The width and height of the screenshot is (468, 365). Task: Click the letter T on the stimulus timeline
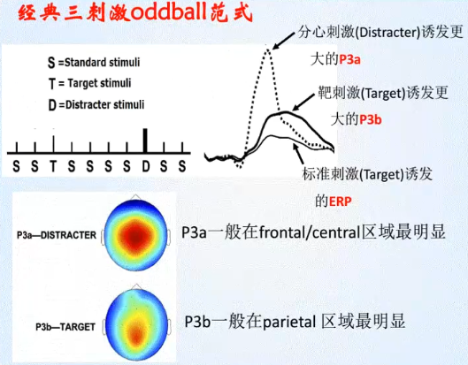pos(53,165)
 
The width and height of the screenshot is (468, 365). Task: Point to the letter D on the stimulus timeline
pos(146,165)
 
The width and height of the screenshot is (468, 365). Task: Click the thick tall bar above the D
pos(146,141)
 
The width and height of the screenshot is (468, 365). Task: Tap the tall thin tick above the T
pos(53,144)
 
